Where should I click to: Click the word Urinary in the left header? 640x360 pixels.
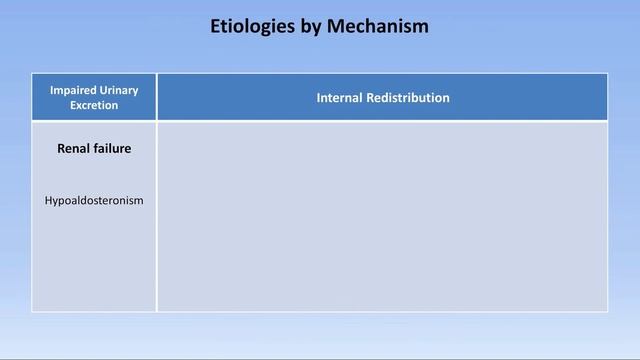[x=120, y=90]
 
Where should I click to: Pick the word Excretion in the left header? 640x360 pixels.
[x=94, y=105]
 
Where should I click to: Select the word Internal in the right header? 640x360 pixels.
[x=339, y=98]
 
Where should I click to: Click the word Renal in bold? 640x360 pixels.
[x=75, y=149]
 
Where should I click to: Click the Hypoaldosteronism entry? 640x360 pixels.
[x=94, y=201]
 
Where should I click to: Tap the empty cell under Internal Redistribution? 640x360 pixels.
[x=382, y=216]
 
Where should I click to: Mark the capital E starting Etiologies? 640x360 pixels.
[x=216, y=27]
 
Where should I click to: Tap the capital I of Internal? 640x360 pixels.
[x=319, y=98]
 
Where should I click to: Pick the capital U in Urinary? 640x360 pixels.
[x=104, y=90]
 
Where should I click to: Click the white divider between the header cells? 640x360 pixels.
[x=157, y=97]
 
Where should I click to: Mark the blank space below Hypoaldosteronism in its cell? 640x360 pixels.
[x=94, y=260]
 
